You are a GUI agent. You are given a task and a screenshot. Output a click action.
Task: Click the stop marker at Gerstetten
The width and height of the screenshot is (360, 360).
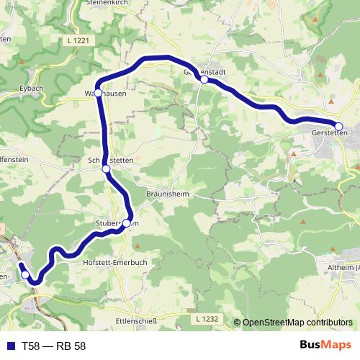coord(338,127)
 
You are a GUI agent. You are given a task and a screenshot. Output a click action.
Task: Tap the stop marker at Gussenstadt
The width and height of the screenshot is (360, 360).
coord(204,80)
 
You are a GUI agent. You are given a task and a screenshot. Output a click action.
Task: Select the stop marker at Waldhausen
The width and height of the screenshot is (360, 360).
coord(98,93)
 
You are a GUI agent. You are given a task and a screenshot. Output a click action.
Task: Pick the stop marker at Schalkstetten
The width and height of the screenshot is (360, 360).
coord(106,168)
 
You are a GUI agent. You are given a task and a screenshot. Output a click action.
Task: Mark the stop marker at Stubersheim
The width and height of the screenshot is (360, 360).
coord(126,223)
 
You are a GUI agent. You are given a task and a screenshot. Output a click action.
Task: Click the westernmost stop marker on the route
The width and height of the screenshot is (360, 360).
coord(25,274)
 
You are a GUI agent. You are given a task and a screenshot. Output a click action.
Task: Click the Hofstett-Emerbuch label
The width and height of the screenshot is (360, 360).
coord(111,263)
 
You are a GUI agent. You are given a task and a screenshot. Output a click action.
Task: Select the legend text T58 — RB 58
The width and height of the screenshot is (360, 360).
coord(53,346)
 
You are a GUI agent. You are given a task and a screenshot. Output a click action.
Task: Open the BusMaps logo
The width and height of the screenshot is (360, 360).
coord(325,345)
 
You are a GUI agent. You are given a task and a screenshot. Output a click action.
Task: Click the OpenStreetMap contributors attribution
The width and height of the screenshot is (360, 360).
coord(297,323)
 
